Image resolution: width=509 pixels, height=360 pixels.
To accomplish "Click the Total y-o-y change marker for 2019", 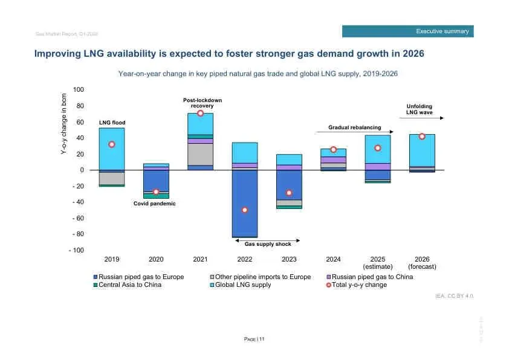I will coord(112,144).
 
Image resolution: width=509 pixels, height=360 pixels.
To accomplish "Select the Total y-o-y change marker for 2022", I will coord(245,210).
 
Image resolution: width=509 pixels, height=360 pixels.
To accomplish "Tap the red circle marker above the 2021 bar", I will coord(201,114).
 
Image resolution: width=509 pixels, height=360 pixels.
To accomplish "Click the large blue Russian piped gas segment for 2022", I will coord(245,202).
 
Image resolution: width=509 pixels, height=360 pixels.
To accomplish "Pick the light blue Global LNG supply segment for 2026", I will coord(422,150).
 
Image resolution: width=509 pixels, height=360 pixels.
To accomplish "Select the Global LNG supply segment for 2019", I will coord(112,149).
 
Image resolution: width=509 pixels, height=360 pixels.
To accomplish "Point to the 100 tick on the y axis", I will coord(78,90).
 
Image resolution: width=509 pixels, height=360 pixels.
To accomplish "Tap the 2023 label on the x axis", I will coord(289,259).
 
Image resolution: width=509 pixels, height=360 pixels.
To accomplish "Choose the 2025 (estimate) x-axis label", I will coord(377,263).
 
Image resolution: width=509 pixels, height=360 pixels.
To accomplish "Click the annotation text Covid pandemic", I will coord(155,204).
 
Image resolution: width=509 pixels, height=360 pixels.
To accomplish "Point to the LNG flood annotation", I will coord(112,123).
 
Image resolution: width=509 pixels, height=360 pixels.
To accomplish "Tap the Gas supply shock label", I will coord(268,244).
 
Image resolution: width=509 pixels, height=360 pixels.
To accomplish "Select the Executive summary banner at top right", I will coord(408,31).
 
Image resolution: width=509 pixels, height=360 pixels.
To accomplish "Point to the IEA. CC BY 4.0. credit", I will coord(455,296).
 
